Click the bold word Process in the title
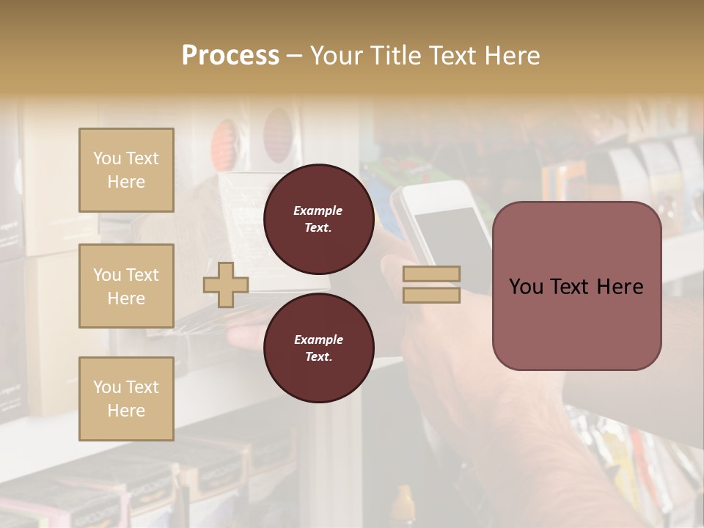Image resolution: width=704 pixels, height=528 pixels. (x=230, y=56)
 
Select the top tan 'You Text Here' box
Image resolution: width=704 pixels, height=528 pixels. (x=126, y=170)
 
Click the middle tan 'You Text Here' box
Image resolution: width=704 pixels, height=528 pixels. (x=126, y=286)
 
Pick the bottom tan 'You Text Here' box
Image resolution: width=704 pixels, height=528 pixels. (x=126, y=399)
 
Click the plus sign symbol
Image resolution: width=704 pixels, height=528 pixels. (x=225, y=285)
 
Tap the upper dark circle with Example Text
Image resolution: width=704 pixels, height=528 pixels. (x=318, y=219)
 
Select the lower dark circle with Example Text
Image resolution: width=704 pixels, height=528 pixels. (x=318, y=348)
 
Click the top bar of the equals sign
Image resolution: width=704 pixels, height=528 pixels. (x=431, y=274)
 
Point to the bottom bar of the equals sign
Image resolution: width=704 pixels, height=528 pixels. (x=431, y=295)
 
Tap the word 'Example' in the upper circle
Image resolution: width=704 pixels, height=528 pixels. (x=318, y=211)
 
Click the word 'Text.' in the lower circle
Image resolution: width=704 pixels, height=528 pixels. (x=318, y=357)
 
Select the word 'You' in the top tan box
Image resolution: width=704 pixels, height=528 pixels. (x=107, y=158)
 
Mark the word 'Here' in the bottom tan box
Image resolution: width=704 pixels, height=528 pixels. (x=126, y=411)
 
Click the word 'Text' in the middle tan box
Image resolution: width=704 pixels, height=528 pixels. (x=142, y=275)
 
